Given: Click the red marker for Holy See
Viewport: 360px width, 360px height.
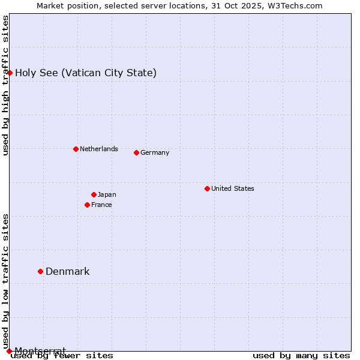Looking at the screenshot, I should click(10, 73).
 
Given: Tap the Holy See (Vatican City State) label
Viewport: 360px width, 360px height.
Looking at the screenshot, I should click(86, 73).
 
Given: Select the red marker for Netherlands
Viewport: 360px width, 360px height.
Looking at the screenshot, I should click(76, 149).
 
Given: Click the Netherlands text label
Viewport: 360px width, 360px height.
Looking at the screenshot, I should click(99, 149).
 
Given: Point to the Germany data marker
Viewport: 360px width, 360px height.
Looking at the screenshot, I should click(136, 152).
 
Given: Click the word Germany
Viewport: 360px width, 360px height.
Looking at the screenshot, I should click(155, 152).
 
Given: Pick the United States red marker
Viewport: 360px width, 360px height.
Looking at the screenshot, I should click(207, 188).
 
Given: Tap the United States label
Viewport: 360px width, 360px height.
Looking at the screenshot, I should click(233, 188).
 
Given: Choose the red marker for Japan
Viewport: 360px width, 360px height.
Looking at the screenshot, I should click(94, 194).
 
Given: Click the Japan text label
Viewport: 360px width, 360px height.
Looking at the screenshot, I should click(107, 194).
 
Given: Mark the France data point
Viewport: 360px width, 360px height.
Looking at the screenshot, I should click(87, 205).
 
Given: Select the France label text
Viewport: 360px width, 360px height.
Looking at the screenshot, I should click(102, 205).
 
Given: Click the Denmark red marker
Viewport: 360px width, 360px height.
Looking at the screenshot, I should click(40, 271).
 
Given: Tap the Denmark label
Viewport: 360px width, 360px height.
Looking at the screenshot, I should click(68, 272).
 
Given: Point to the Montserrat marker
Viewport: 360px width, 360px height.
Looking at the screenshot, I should click(9, 351).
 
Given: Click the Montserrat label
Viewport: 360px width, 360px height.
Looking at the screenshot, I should click(40, 350).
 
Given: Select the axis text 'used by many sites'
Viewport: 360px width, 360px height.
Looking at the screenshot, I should click(301, 356).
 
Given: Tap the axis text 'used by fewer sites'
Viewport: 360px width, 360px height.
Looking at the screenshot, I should click(62, 356).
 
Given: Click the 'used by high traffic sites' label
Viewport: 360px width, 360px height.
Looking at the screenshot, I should click(5, 85).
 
